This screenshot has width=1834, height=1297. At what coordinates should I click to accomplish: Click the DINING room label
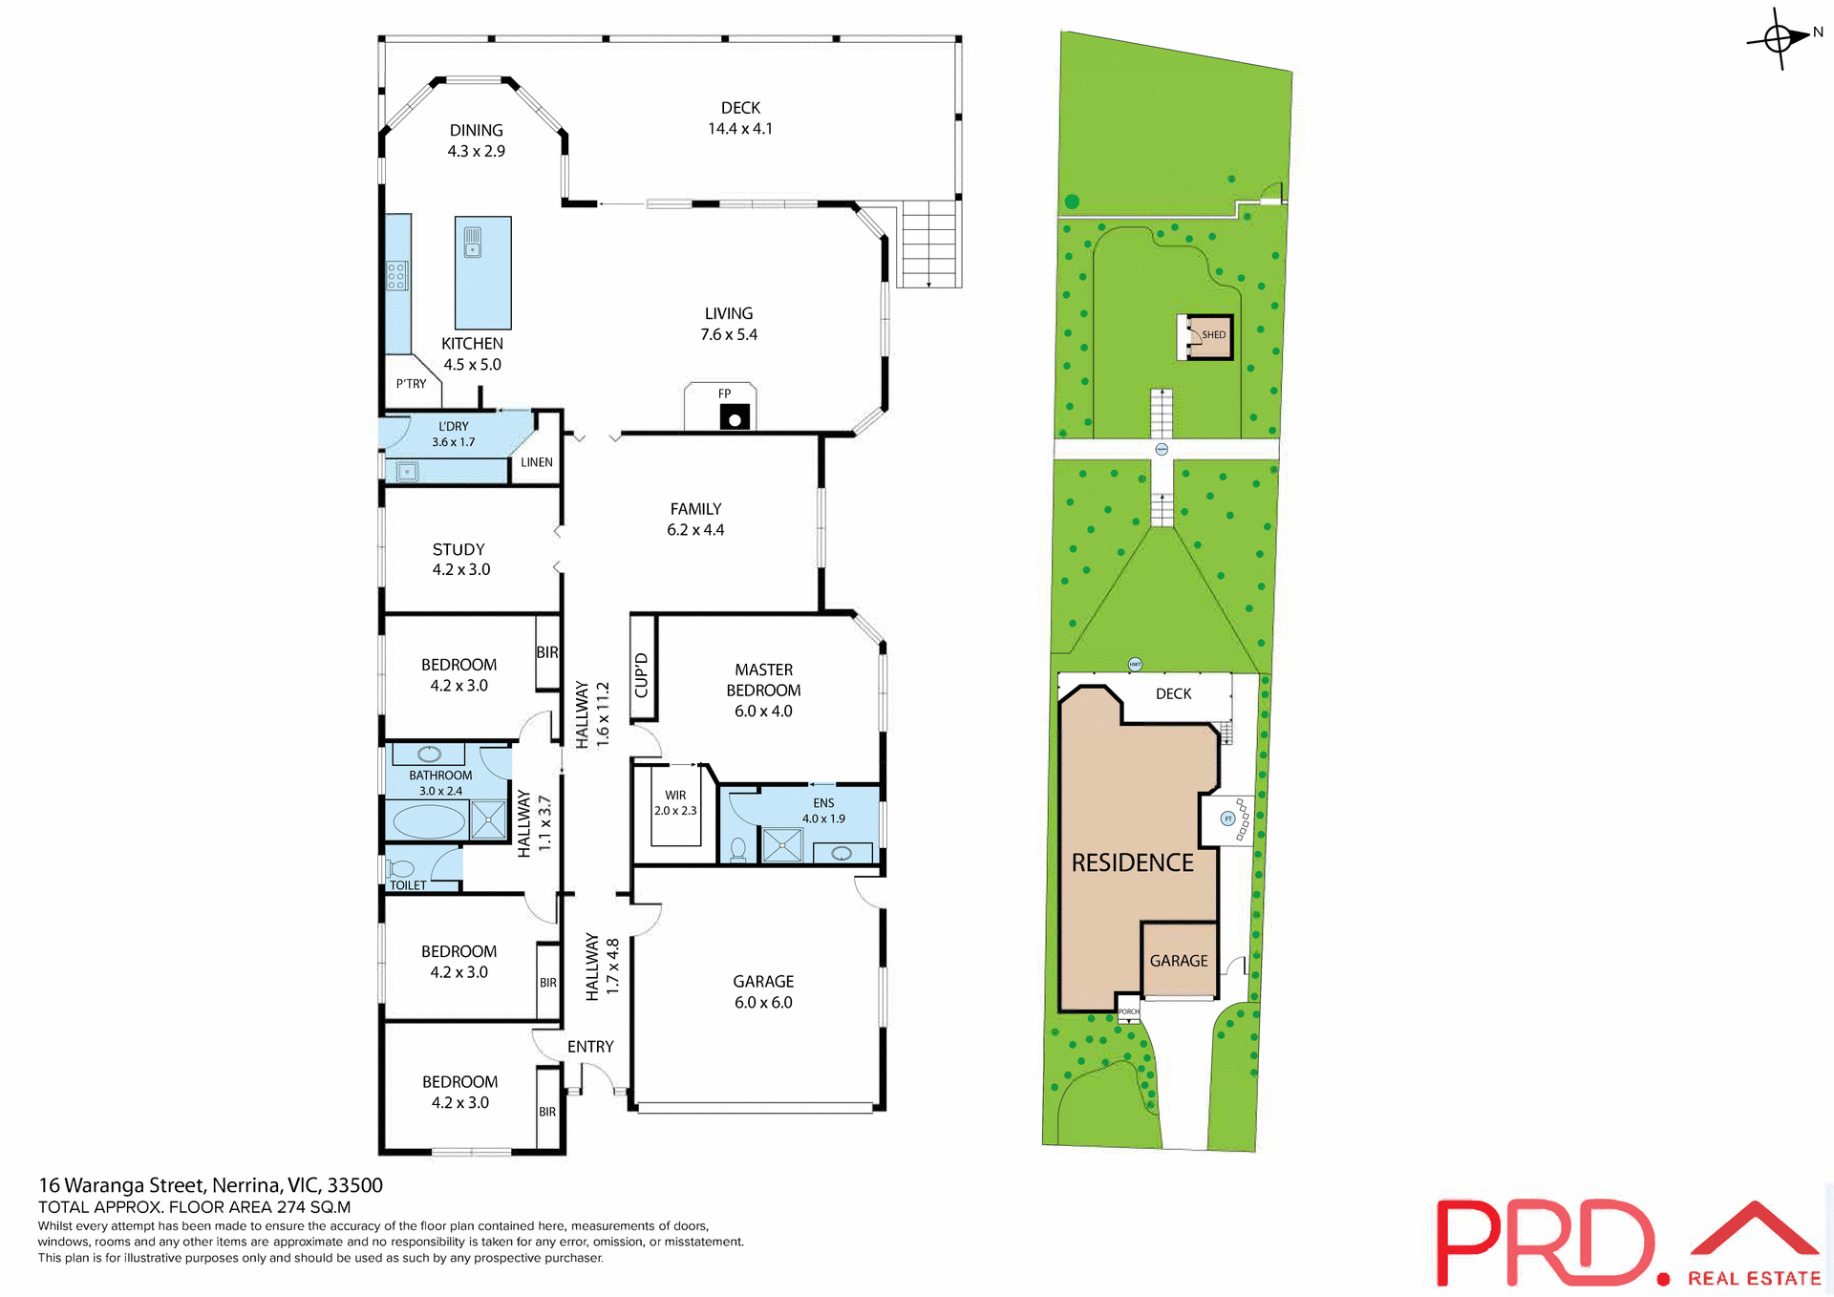point(476,130)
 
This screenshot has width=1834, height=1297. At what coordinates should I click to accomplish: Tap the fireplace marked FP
point(734,416)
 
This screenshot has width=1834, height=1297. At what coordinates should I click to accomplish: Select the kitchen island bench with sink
point(483,273)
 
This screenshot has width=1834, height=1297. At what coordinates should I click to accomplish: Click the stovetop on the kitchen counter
point(397,275)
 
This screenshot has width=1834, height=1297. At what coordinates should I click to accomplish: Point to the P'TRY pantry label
point(411,384)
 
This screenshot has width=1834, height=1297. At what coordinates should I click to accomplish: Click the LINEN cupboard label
point(536,462)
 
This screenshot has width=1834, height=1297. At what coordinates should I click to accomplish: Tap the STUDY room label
point(458,549)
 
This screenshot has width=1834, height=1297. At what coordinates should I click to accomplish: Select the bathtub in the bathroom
point(429,820)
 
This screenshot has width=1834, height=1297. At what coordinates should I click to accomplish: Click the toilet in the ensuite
point(738,848)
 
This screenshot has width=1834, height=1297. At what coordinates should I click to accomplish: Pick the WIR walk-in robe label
point(675,795)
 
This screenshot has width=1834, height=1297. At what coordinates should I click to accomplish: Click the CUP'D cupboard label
point(642,675)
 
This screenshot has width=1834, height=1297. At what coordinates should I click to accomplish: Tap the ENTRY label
point(590,1047)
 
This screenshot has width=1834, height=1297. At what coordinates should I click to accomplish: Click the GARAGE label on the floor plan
point(763,981)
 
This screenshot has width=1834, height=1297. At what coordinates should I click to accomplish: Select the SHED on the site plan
point(1205,336)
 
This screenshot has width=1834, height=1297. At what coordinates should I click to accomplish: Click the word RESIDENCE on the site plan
point(1132,862)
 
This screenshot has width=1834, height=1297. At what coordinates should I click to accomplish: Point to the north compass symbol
point(1780,38)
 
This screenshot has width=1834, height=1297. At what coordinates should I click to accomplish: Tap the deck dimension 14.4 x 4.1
point(740,129)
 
